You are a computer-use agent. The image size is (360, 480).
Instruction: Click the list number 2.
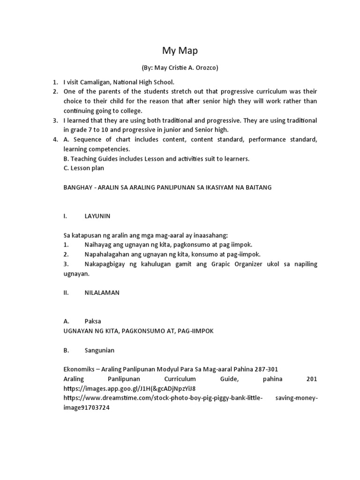[x=55, y=91]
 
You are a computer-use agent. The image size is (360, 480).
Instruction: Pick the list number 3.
[x=55, y=120]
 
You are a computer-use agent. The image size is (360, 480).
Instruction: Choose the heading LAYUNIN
[x=97, y=216]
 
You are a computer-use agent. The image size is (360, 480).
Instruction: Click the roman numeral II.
[x=66, y=292]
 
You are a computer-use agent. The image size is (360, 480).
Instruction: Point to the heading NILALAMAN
[x=102, y=292]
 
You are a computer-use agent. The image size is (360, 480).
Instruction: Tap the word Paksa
[x=92, y=321]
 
